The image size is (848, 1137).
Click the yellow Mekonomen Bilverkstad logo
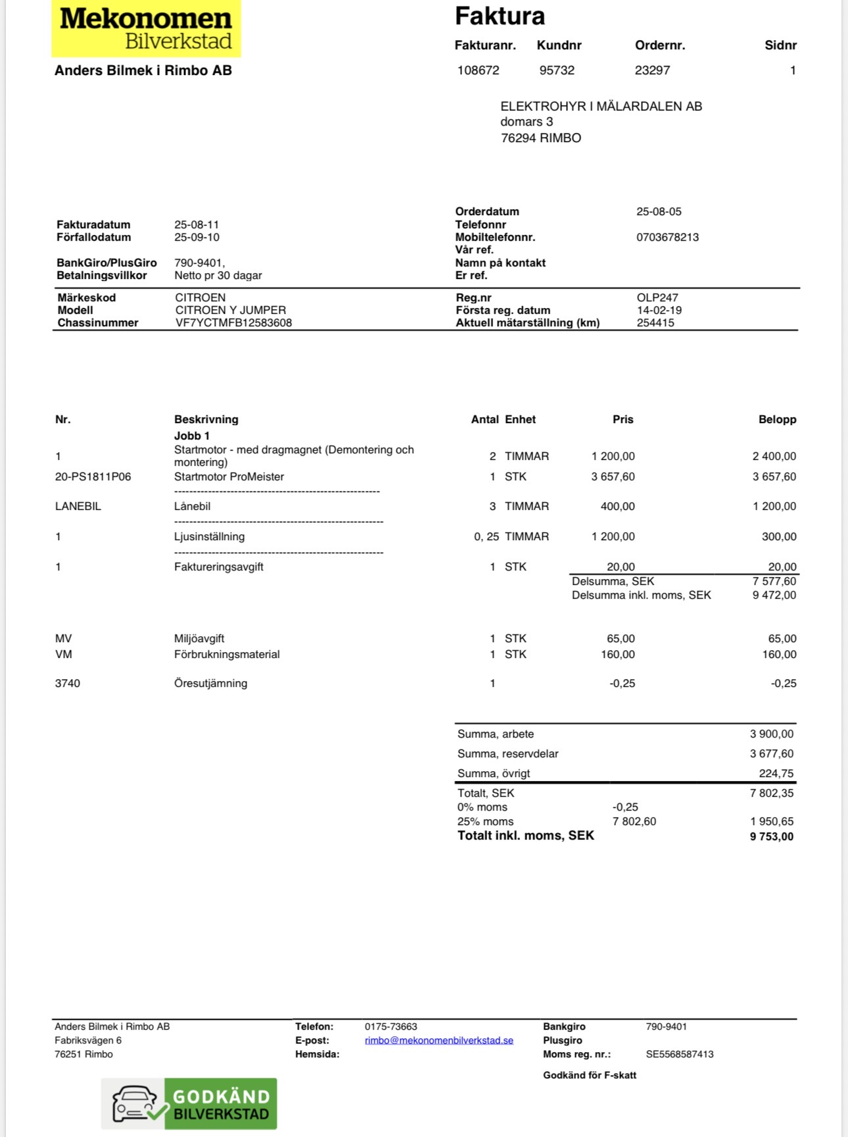point(146,29)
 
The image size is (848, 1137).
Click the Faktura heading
point(500,16)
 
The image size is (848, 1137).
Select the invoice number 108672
point(478,70)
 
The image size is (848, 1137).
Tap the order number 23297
point(652,70)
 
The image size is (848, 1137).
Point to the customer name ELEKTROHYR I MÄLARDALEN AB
point(601,106)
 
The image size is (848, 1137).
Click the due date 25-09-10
point(197,237)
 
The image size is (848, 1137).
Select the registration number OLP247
point(657,297)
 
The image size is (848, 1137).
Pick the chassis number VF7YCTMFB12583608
point(233,322)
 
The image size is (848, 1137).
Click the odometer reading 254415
point(655,322)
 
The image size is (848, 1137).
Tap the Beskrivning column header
point(206,419)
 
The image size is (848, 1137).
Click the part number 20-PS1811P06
point(93,476)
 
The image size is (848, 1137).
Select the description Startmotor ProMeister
point(229,476)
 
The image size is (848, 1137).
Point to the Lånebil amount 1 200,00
point(774,506)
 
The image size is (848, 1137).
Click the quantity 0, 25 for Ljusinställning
point(486,536)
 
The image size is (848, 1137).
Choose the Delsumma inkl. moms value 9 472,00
point(774,595)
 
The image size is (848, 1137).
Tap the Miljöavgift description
point(199,638)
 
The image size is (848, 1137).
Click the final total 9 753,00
point(771,836)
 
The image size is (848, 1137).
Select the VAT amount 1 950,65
point(771,821)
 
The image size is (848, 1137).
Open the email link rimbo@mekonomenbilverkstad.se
point(438,1040)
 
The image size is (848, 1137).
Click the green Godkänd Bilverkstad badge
point(189,1103)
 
